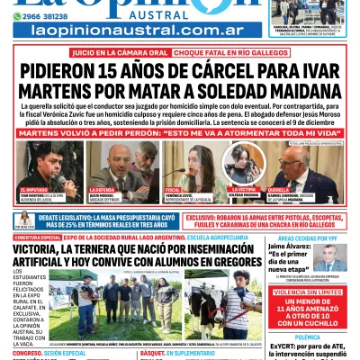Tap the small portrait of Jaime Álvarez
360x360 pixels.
tap(333, 257)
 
